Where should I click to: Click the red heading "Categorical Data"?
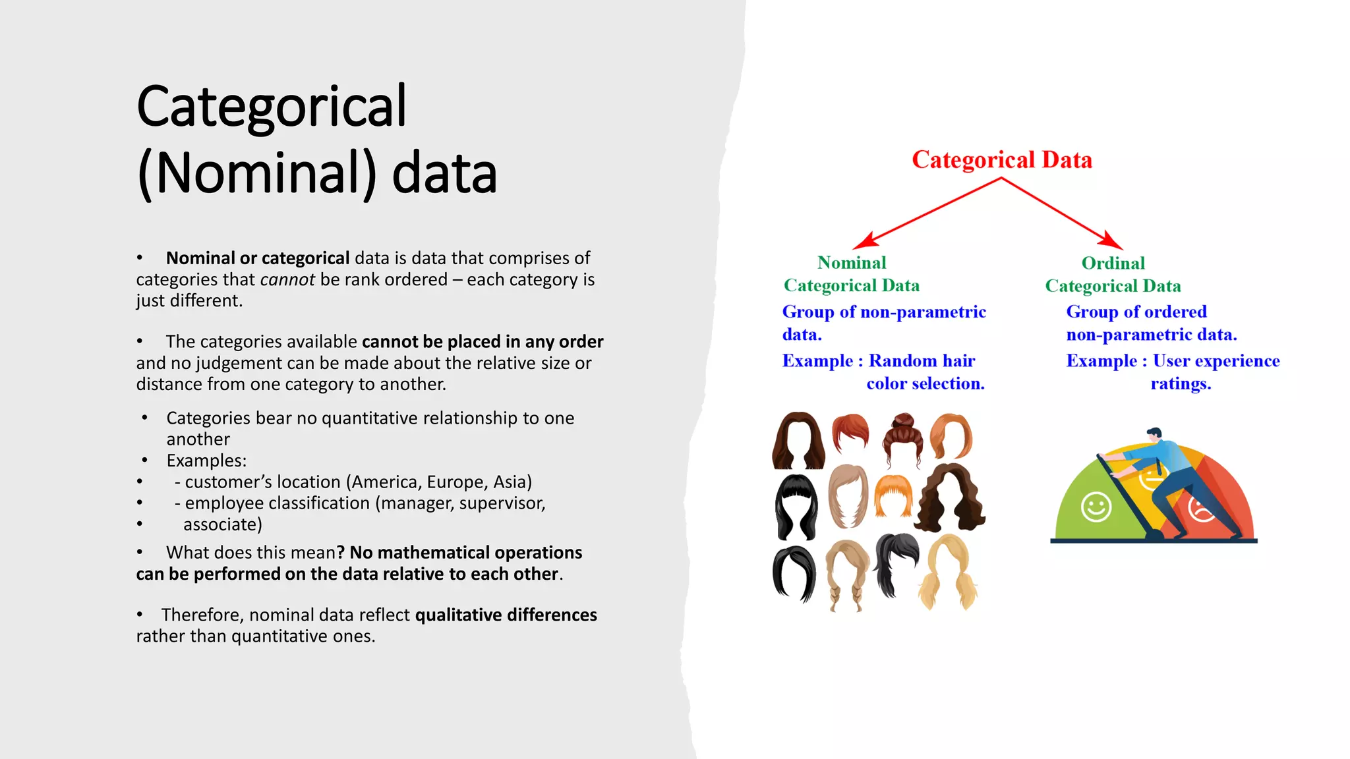pos(1001,160)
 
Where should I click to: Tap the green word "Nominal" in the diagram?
pos(852,263)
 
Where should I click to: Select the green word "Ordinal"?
pos(1113,264)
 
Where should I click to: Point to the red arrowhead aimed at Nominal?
pos(864,240)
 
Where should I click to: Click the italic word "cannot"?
pos(287,280)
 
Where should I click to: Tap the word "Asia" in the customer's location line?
pos(510,482)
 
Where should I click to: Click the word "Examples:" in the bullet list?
pos(206,461)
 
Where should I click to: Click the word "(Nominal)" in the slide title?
pos(257,173)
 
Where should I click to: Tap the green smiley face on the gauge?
pos(1096,507)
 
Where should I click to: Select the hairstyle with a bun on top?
pos(902,437)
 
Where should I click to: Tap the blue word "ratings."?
pos(1181,384)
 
